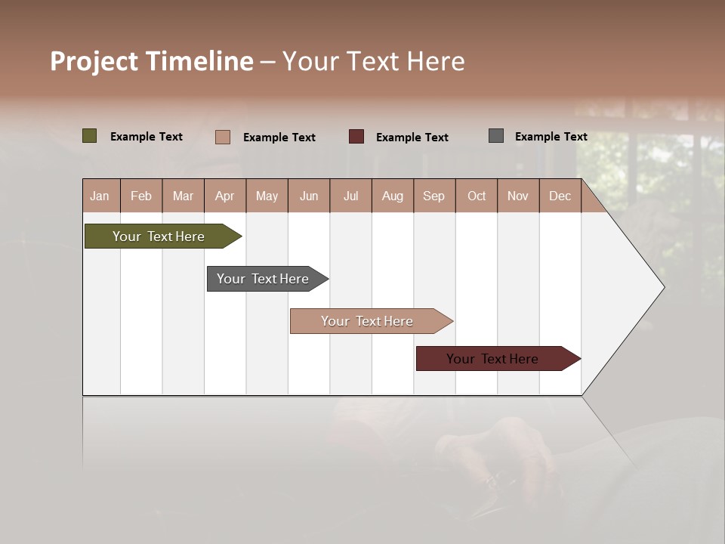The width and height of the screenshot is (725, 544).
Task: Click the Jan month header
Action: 100,196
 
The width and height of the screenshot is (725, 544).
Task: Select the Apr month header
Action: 225,196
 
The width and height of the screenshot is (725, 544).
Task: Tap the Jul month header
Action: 351,196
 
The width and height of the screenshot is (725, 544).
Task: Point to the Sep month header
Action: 434,196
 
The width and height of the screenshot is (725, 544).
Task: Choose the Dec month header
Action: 560,196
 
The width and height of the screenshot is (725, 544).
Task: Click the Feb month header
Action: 141,196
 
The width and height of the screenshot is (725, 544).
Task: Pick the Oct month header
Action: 477,196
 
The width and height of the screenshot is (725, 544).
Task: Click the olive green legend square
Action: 89,136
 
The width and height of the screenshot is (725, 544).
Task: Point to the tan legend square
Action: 223,137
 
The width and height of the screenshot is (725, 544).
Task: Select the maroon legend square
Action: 356,136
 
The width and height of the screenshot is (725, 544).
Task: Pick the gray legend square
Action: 496,136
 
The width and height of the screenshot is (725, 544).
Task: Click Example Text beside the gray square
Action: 551,136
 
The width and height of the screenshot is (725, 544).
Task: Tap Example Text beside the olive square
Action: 147,136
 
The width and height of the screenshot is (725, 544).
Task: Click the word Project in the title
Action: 94,62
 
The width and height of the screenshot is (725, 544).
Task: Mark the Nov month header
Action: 518,196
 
